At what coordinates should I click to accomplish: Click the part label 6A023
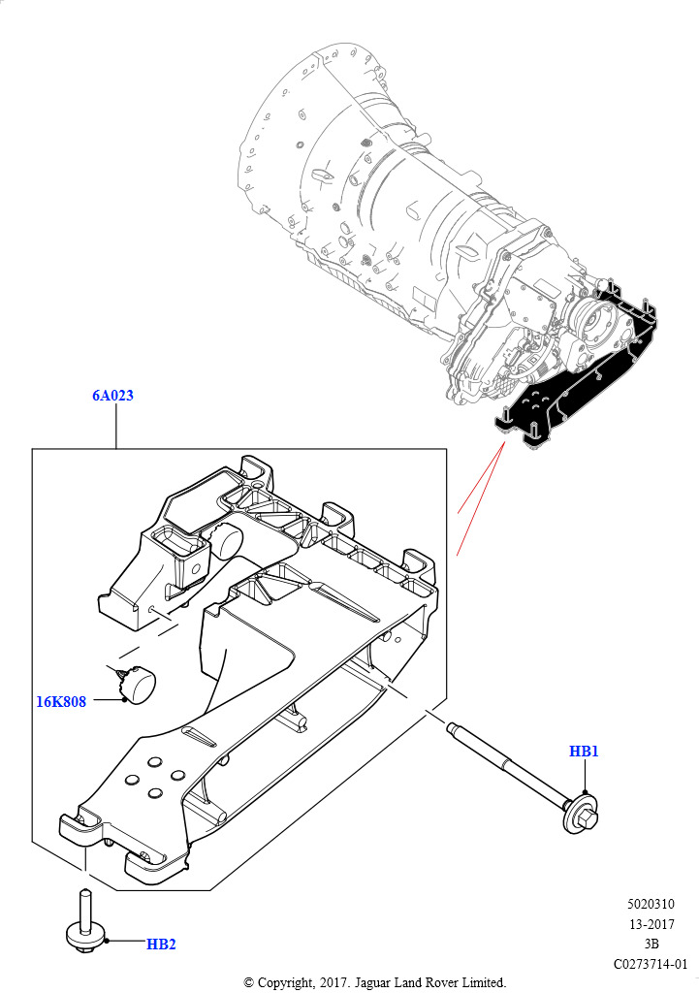click(x=112, y=396)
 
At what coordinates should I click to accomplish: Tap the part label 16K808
click(x=61, y=702)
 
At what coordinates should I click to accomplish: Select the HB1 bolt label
click(x=584, y=752)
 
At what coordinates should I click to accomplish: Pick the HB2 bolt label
click(x=161, y=945)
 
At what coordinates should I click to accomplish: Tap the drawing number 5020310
click(x=651, y=905)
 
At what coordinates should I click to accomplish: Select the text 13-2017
click(x=651, y=924)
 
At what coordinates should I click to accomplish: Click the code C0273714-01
click(x=651, y=964)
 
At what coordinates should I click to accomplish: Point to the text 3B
click(x=651, y=944)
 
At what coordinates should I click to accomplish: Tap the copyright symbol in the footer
click(x=249, y=983)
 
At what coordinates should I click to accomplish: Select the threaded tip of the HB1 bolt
click(x=452, y=727)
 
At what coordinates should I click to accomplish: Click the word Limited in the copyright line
click(x=485, y=983)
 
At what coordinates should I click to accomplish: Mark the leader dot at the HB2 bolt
click(x=107, y=941)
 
